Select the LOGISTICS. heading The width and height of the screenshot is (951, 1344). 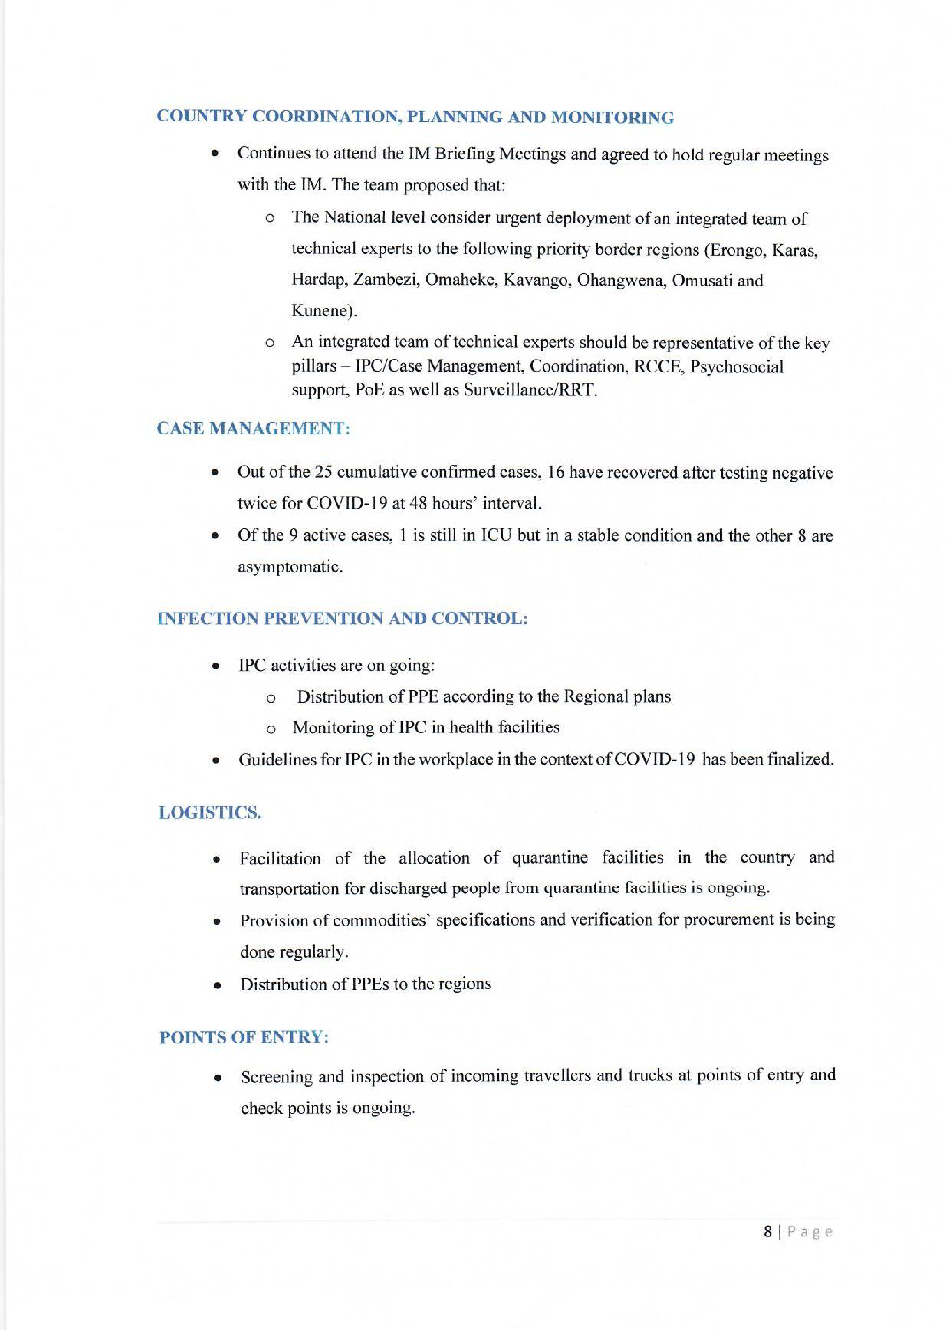pos(210,812)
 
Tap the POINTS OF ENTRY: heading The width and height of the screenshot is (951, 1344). pos(243,1037)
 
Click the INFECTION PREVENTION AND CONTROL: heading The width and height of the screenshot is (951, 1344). pos(343,619)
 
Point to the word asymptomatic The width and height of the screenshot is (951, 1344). pos(289,566)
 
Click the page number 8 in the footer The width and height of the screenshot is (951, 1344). pos(768,1232)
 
